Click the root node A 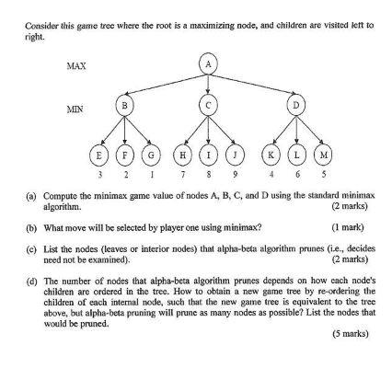210,63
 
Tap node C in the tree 210,106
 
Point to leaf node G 151,153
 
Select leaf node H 185,153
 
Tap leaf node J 236,153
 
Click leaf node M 324,153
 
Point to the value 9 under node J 236,172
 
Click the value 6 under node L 298,172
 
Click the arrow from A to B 167,84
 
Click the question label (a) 32,194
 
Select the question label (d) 32,273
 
